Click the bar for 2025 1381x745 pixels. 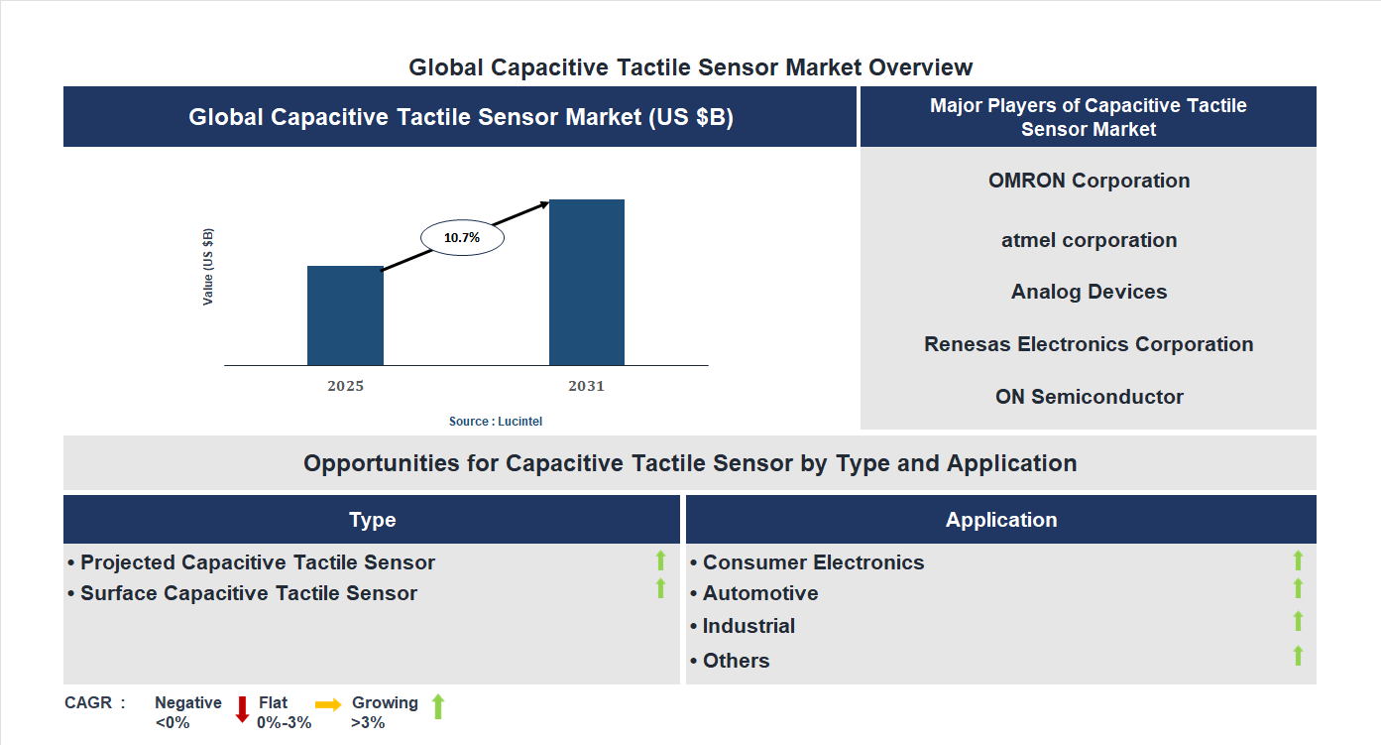345,315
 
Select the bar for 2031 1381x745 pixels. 587,282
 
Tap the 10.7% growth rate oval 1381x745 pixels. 462,238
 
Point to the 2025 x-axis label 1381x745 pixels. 345,386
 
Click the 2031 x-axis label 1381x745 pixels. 586,386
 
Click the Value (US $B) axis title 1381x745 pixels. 208,267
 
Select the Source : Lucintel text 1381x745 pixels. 496,422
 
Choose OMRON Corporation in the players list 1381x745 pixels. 1089,181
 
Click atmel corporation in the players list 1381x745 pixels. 1089,240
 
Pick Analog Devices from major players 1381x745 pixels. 1089,292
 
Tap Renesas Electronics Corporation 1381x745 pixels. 1089,344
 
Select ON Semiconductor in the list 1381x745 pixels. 1089,397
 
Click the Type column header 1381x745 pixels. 372,520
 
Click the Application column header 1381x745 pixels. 1000,520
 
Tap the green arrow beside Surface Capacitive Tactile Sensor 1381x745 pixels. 660,589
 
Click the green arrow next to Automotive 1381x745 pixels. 1298,589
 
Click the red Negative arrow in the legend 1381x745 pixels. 242,709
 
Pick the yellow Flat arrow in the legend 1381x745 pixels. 328,703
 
